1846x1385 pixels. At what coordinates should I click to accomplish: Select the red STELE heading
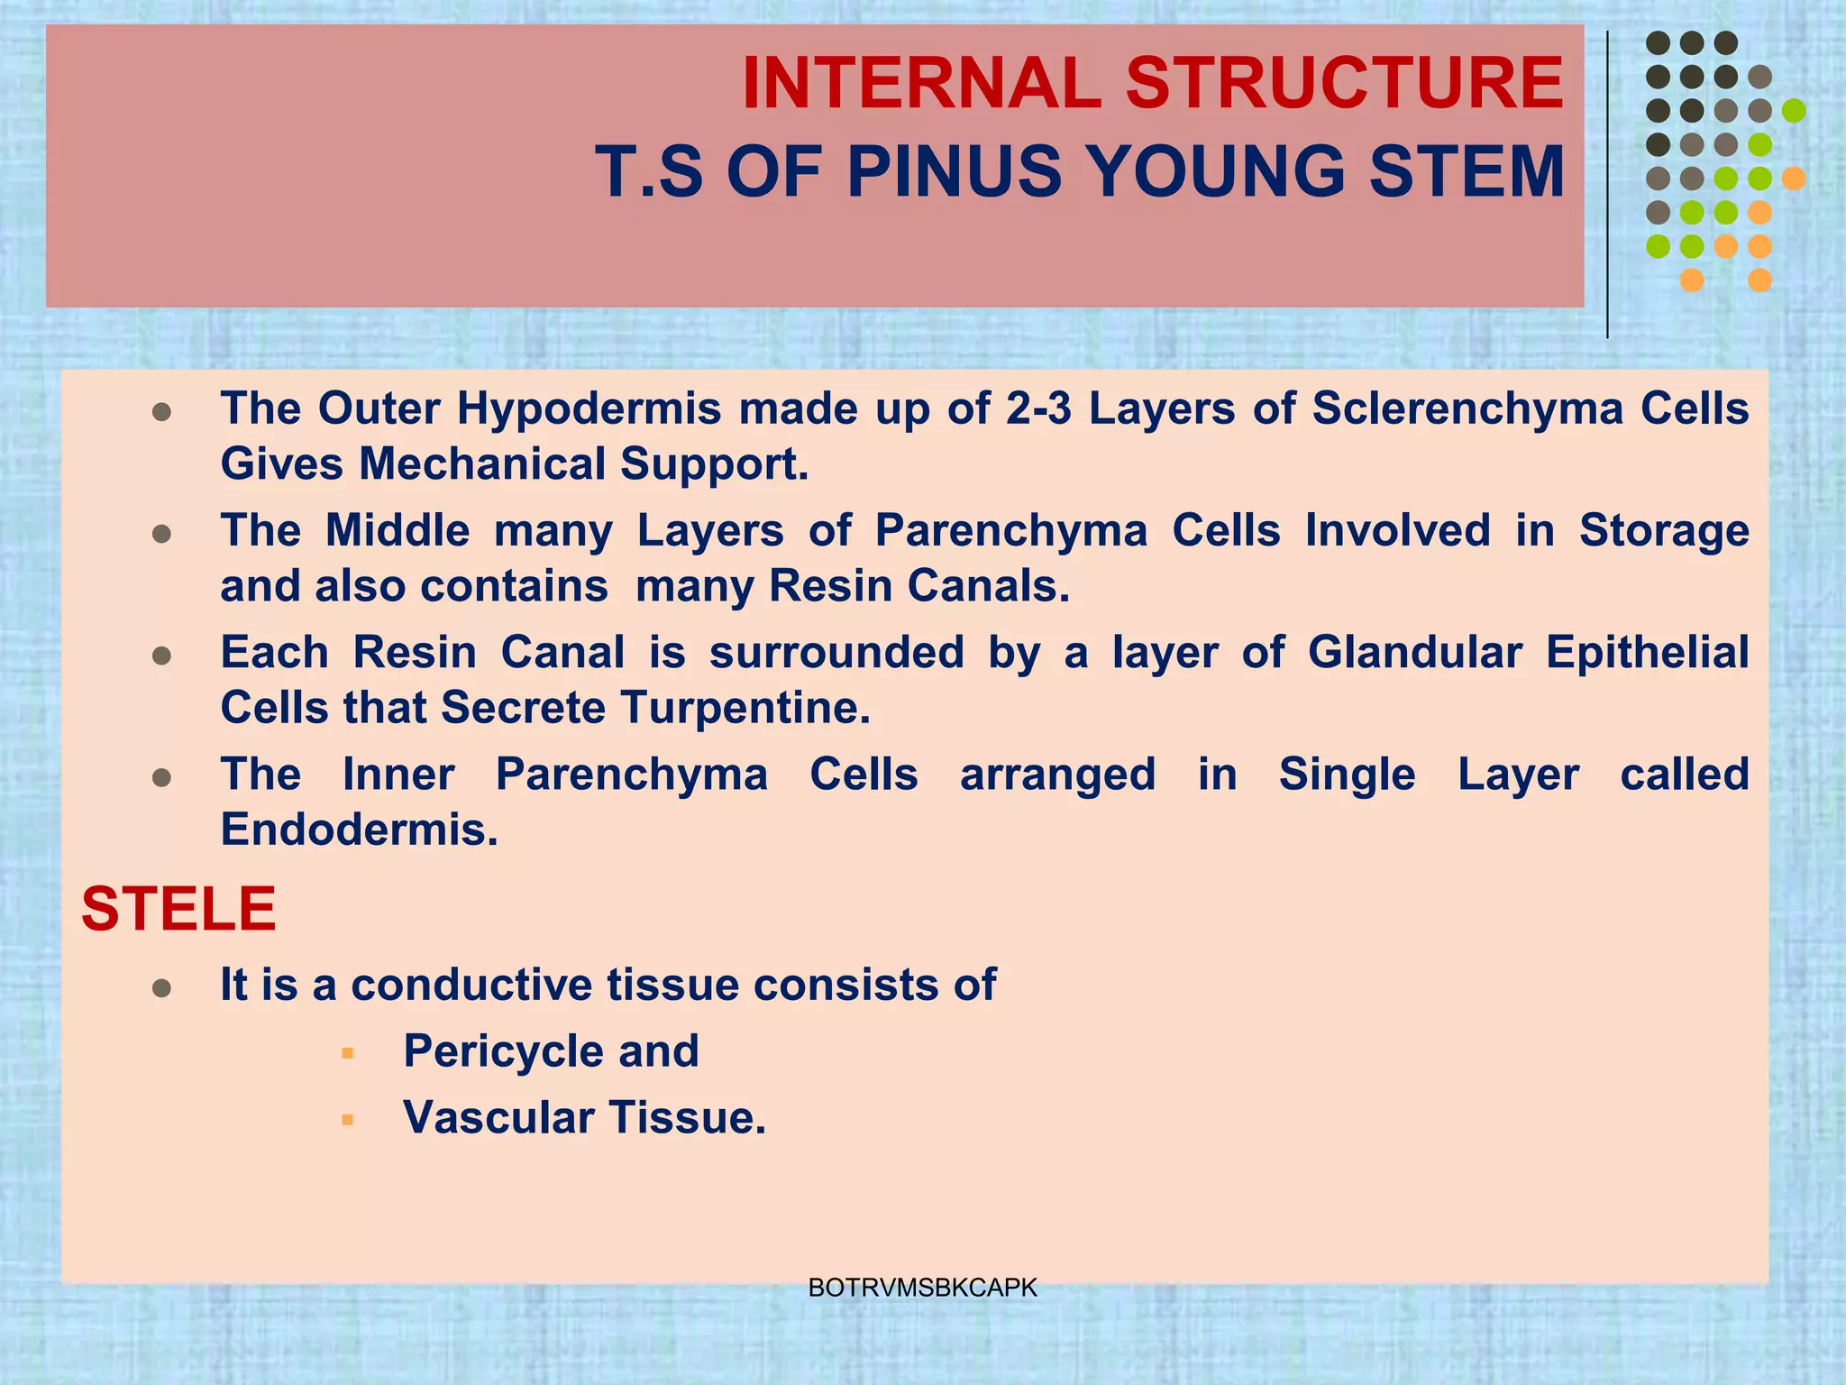pyautogui.click(x=178, y=909)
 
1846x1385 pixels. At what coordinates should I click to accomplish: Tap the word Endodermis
pyautogui.click(x=359, y=830)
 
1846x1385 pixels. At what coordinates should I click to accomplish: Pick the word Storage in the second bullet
pyautogui.click(x=1663, y=530)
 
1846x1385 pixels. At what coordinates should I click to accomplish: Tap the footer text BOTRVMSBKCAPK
pyautogui.click(x=923, y=1288)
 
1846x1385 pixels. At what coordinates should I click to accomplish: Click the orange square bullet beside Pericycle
pyautogui.click(x=348, y=1053)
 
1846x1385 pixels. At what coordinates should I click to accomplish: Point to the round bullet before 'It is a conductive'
pyautogui.click(x=162, y=989)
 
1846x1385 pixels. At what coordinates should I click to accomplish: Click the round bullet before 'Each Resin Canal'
pyautogui.click(x=162, y=656)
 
